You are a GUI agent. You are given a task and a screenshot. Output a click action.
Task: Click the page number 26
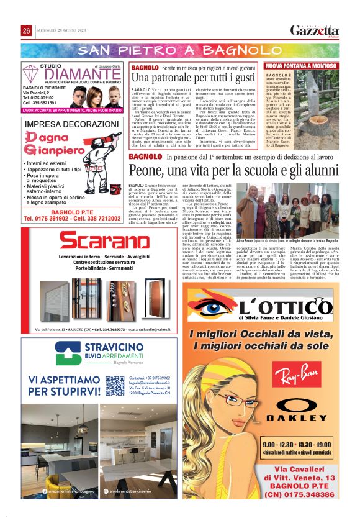click(27, 31)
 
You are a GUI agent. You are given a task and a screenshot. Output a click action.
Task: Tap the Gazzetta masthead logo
click(315, 30)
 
